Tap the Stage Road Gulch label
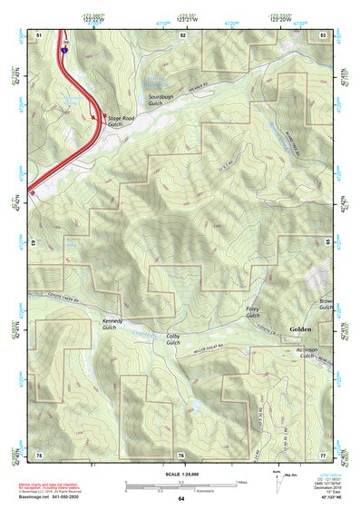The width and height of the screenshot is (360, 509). click(121, 121)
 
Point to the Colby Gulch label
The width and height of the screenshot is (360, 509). click(173, 339)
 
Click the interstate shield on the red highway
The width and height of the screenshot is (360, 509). click(64, 52)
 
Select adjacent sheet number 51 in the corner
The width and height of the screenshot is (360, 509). click(39, 34)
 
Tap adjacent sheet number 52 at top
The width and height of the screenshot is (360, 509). click(182, 34)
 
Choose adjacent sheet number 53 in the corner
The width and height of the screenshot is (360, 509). click(324, 34)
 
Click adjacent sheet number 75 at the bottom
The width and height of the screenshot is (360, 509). click(39, 454)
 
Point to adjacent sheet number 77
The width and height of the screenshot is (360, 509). click(324, 454)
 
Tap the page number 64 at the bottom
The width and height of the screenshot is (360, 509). click(181, 499)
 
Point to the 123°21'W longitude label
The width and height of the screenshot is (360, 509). click(187, 18)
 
